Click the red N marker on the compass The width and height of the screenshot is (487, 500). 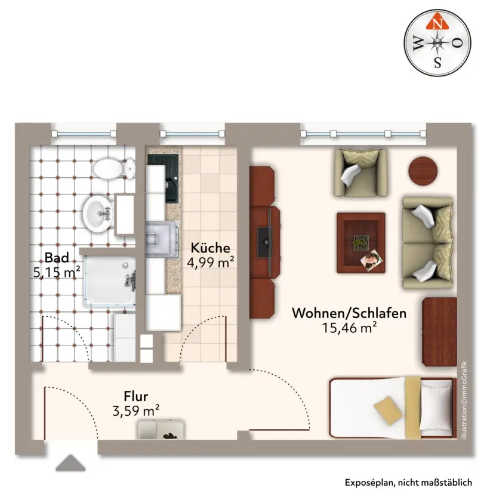(x=437, y=21)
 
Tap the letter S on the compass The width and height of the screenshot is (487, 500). (x=437, y=62)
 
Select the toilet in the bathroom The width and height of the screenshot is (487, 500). (x=114, y=168)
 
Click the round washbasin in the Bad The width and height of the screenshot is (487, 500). (x=98, y=212)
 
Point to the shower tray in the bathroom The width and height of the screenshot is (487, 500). (x=109, y=280)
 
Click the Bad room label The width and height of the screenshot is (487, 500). (x=57, y=257)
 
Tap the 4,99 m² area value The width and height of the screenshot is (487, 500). (x=210, y=262)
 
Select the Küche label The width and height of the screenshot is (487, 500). (x=210, y=248)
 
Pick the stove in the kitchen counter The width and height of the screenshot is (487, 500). (x=161, y=239)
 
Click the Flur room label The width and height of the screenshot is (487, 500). (x=136, y=396)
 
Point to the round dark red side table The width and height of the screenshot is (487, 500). (x=423, y=171)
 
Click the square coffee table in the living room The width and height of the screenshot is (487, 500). (x=360, y=243)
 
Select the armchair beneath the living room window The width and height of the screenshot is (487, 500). (x=360, y=172)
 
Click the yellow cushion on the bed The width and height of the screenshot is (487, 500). (x=388, y=410)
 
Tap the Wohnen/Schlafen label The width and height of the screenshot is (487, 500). (x=349, y=313)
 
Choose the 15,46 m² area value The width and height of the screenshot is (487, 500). (x=349, y=328)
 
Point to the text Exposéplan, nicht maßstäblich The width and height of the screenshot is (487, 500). (x=408, y=483)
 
